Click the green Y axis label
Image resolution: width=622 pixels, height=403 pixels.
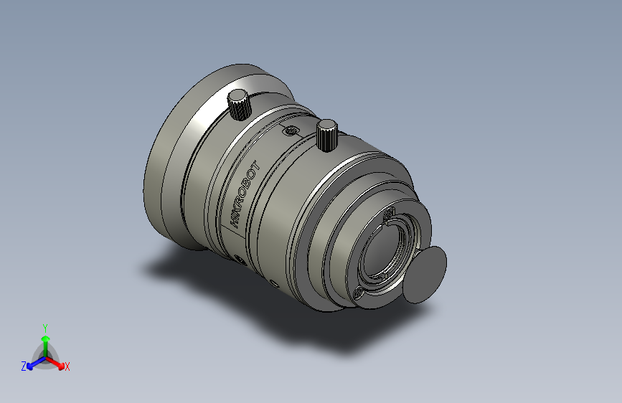44,326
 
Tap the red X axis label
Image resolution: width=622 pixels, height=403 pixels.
67,366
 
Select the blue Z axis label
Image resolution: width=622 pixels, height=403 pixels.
24,366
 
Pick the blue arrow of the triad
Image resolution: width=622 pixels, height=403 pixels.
32,363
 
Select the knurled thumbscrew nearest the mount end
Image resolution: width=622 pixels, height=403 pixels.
327,133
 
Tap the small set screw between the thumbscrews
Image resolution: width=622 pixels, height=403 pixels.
290,131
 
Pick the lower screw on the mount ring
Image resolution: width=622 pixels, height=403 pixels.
359,290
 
